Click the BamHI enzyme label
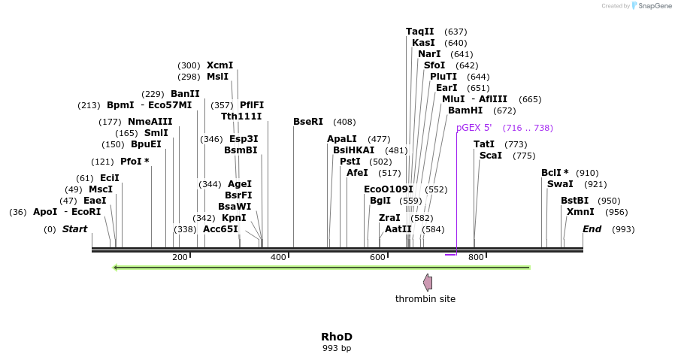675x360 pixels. point(465,110)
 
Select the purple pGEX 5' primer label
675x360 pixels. point(474,128)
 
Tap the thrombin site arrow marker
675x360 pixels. point(428,283)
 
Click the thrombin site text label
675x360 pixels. point(425,299)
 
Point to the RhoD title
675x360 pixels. point(337,337)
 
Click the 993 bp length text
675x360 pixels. point(337,348)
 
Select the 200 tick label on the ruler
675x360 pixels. point(180,258)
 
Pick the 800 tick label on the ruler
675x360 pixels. point(476,258)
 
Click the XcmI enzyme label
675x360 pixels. point(219,65)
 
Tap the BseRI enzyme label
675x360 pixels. point(308,122)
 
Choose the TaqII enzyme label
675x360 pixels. point(420,32)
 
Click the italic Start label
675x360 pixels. point(74,229)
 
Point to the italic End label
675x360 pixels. point(592,229)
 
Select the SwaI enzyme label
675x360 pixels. point(560,184)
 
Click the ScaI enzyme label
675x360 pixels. point(491,156)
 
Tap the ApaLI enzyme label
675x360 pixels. point(342,139)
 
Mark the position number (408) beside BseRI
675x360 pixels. point(344,122)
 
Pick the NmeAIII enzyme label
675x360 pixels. point(150,122)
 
